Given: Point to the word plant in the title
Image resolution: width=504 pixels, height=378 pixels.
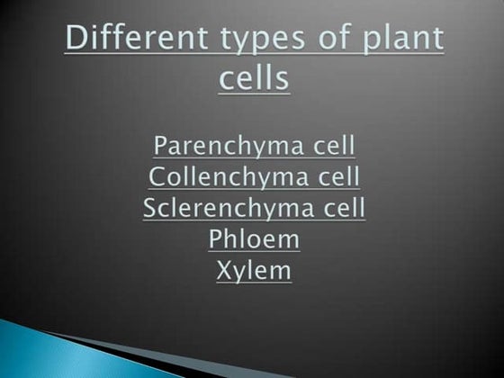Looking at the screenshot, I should [398, 41].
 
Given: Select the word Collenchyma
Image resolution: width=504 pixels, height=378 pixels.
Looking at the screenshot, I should [221, 176].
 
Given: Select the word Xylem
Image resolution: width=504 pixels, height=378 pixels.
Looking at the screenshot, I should [254, 270].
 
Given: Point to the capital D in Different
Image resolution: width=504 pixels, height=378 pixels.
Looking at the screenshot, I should [76, 40].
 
